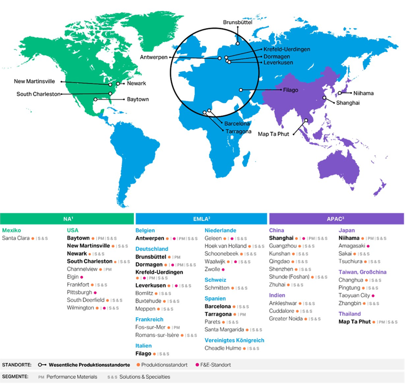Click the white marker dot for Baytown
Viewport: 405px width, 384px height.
pyautogui.click(x=95, y=99)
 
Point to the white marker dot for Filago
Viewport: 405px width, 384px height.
pyautogui.click(x=241, y=90)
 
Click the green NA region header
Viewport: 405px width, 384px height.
pyautogui.click(x=67, y=219)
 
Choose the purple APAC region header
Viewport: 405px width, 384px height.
pyautogui.click(x=336, y=219)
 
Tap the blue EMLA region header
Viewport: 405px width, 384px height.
pyautogui.click(x=202, y=219)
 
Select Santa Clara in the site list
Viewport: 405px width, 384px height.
pyautogui.click(x=16, y=238)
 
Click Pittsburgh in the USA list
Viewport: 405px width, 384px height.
pyautogui.click(x=80, y=293)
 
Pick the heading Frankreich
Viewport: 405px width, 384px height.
pyautogui.click(x=149, y=320)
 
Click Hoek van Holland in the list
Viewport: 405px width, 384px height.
pyautogui.click(x=225, y=246)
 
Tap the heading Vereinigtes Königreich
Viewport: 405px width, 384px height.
pyautogui.click(x=234, y=340)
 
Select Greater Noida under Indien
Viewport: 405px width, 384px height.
pyautogui.click(x=286, y=319)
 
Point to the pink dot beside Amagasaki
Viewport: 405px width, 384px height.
pyautogui.click(x=368, y=246)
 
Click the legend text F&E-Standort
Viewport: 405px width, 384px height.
pyautogui.click(x=216, y=365)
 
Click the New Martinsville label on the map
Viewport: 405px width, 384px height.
pyautogui.click(x=35, y=82)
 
